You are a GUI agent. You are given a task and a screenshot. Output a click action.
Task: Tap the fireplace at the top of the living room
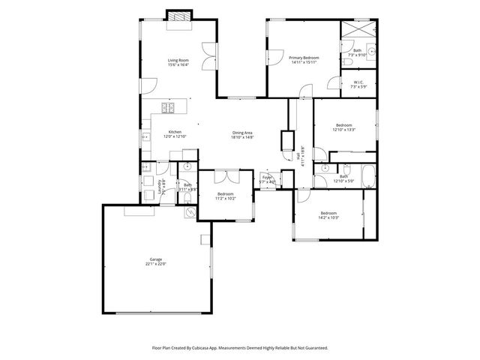point(178,16)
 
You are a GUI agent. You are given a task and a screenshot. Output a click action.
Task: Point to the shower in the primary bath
point(358,30)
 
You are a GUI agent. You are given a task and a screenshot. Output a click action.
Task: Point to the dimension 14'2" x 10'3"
point(328,217)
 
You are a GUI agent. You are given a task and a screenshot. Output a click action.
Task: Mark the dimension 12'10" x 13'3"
point(343,130)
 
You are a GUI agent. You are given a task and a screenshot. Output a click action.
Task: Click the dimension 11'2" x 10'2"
point(226,198)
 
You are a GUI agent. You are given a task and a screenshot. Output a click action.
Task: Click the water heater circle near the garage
point(190,212)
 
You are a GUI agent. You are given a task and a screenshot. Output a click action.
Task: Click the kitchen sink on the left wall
point(145,137)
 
